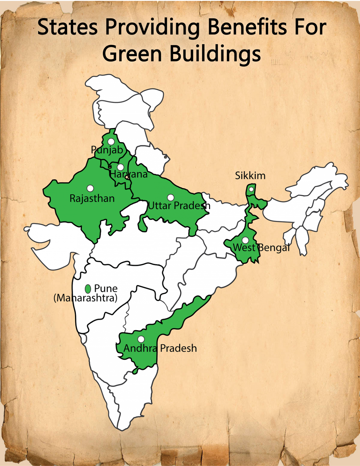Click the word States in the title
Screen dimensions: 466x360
tap(67, 27)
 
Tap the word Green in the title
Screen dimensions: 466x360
tap(132, 54)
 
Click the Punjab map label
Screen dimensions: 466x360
tap(107, 150)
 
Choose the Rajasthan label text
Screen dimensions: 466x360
tap(92, 198)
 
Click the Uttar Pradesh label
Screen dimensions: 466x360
tap(179, 206)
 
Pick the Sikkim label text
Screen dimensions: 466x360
tap(250, 176)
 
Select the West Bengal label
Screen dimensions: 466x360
tap(261, 248)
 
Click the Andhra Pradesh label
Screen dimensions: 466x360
tap(160, 348)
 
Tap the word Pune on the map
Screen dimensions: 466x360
tap(106, 288)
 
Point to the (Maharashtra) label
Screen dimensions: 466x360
tap(85, 298)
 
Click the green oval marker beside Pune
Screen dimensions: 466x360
tap(88, 289)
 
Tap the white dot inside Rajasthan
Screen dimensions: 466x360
tap(90, 188)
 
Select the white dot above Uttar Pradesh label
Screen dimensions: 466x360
tap(171, 197)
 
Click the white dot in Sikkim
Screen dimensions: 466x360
tap(251, 189)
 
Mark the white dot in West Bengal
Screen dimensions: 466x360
tap(246, 240)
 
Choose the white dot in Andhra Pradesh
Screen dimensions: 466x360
tap(141, 339)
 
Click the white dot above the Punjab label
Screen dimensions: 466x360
tap(111, 141)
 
